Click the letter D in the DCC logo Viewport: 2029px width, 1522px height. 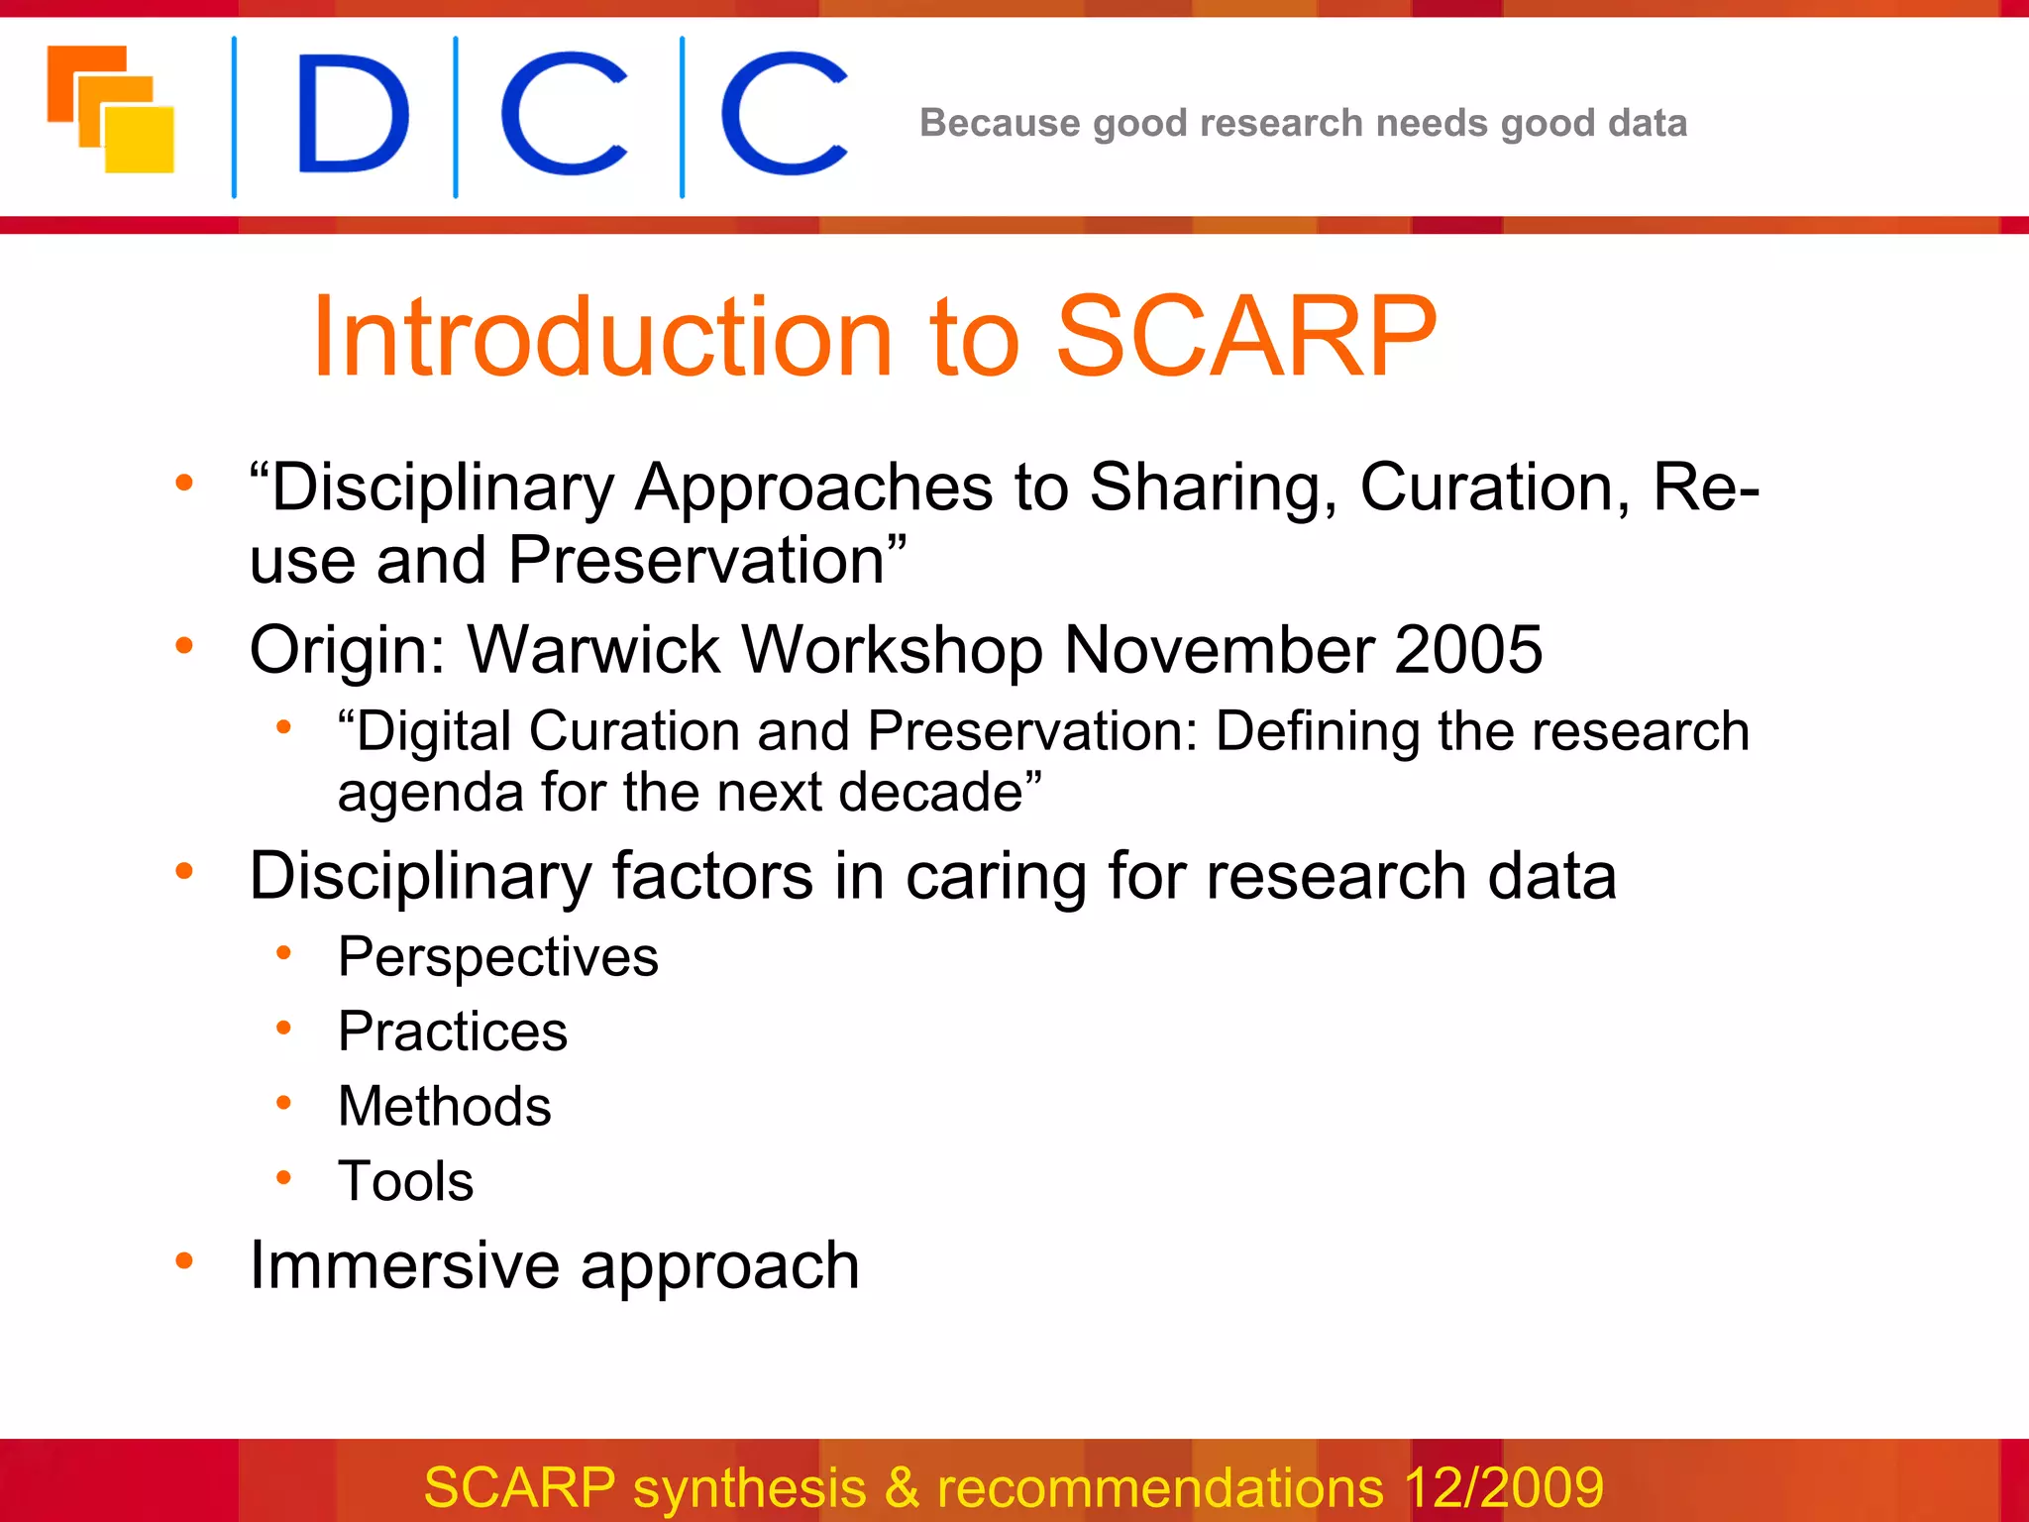352,114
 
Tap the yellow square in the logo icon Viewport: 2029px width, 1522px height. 141,139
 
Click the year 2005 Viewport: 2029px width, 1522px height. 1467,650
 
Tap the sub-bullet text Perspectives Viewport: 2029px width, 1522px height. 497,957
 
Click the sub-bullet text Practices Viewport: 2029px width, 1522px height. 452,1032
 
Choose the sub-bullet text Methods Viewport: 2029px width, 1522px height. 444,1106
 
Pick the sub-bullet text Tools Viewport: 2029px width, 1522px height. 405,1181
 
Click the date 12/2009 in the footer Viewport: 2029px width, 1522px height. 1503,1487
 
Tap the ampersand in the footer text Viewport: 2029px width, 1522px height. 901,1487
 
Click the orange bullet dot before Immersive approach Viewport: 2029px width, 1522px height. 184,1260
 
